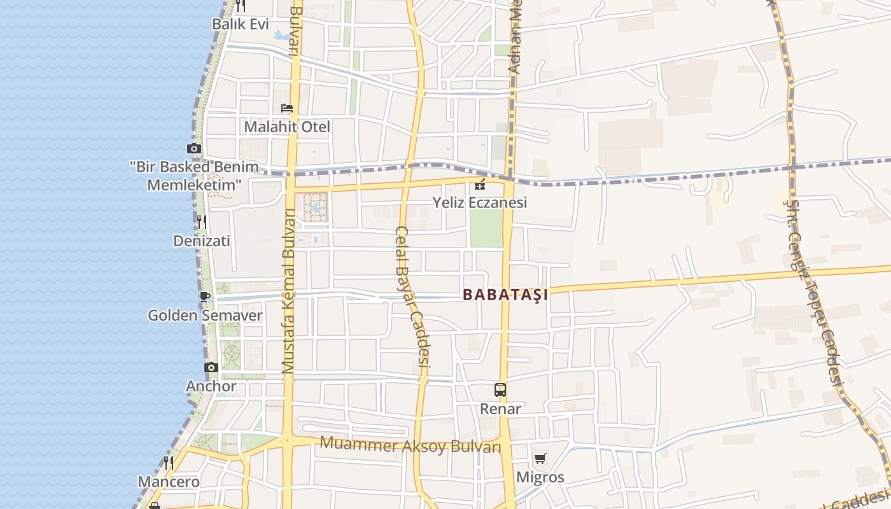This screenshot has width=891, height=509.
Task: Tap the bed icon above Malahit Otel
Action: coord(287,108)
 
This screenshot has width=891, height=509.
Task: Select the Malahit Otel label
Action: coord(287,127)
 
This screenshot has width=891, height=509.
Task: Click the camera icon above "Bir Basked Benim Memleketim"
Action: coord(194,149)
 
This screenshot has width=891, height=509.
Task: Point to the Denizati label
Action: coord(202,241)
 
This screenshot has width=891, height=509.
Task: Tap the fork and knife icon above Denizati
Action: coord(202,221)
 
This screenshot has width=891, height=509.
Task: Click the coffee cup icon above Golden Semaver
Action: coord(204,296)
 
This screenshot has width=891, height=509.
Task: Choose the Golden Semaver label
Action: coord(205,315)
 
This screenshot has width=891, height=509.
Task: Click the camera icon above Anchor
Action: coord(211,367)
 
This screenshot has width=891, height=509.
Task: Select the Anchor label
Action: coord(211,386)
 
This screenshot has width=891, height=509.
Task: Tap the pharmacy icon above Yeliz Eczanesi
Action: coord(481,185)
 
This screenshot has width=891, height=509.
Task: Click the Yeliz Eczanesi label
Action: coord(480,203)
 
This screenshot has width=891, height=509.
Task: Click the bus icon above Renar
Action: coord(500,390)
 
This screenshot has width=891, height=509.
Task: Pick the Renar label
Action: coord(500,408)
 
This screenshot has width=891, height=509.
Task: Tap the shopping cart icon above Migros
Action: coord(540,458)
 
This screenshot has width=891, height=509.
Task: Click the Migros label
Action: coord(540,477)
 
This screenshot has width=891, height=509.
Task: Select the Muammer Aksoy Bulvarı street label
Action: coord(410,445)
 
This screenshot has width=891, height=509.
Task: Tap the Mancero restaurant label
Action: coord(169,482)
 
